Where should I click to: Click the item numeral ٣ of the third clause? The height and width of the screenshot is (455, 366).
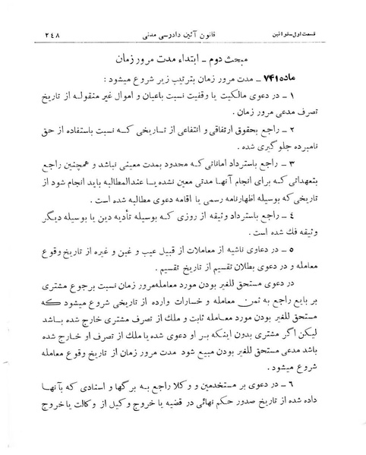tap(322, 185)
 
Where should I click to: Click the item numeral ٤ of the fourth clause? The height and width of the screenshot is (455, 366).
tap(322, 236)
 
